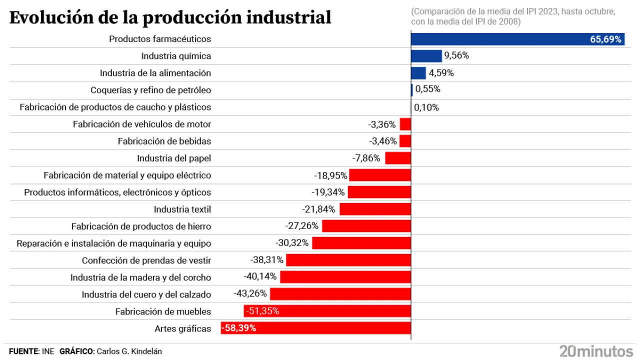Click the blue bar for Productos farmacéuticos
(x=500, y=39)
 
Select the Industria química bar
(x=426, y=56)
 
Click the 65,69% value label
(x=605, y=39)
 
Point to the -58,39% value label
(x=239, y=328)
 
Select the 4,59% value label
(x=441, y=73)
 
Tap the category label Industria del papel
(x=174, y=158)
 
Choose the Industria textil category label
(x=182, y=209)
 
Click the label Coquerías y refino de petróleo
(x=150, y=90)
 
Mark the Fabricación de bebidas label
(x=164, y=141)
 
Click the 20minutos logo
(x=596, y=350)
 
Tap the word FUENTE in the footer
(x=23, y=351)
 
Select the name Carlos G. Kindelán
(x=129, y=351)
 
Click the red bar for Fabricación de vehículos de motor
(x=405, y=124)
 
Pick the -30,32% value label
(x=292, y=243)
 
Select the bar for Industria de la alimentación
(x=418, y=73)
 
